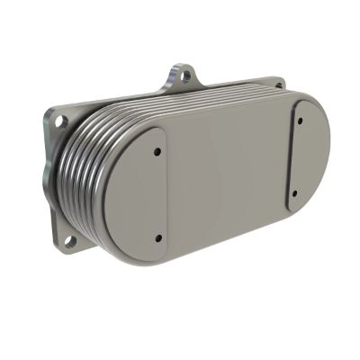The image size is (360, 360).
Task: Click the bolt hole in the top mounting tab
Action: tap(184, 76)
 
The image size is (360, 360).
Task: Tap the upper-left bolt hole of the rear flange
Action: tap(59, 116)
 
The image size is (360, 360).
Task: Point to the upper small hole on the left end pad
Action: tap(159, 151)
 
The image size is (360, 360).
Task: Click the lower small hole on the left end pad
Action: tap(158, 238)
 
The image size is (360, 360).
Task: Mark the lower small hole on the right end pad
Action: tap(295, 191)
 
